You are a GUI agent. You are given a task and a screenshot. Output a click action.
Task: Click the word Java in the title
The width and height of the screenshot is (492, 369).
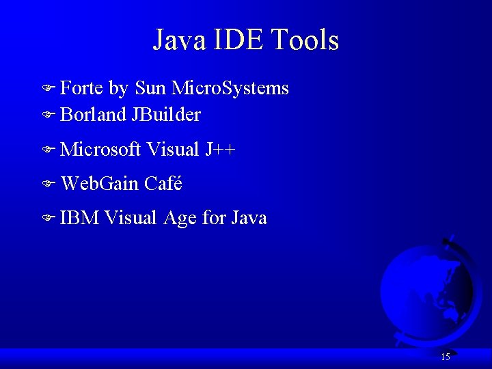click(x=179, y=40)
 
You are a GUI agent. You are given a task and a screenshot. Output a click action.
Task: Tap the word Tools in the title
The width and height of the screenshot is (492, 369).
click(x=305, y=40)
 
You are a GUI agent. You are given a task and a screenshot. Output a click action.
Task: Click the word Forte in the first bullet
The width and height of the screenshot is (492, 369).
click(x=82, y=88)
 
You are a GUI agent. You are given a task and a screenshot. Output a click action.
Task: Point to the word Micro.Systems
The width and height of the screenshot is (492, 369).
click(x=230, y=89)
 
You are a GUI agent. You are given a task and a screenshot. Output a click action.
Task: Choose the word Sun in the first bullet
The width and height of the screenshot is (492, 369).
click(x=150, y=88)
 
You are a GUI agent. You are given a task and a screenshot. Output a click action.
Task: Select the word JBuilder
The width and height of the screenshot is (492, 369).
click(x=166, y=115)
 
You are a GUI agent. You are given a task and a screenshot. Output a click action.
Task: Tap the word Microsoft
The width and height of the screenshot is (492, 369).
click(x=100, y=149)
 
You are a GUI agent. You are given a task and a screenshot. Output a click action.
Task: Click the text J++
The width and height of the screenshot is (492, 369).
click(x=219, y=149)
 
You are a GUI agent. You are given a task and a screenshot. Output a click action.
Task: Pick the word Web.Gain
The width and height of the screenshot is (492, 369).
click(x=100, y=184)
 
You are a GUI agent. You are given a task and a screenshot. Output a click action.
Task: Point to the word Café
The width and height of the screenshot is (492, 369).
click(x=163, y=183)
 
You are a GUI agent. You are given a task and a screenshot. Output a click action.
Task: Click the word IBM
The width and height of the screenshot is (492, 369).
click(x=80, y=218)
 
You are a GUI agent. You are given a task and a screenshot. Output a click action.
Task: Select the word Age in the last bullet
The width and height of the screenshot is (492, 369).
click(x=180, y=219)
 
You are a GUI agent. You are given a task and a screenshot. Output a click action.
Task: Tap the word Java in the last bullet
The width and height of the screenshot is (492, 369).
click(x=249, y=218)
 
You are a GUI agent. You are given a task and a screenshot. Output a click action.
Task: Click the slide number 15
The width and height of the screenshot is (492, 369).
click(x=445, y=357)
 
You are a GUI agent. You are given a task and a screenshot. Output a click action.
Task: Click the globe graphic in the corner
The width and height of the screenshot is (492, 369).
click(x=425, y=287)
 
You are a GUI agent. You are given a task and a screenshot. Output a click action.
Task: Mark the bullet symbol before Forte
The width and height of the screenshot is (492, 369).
click(x=47, y=89)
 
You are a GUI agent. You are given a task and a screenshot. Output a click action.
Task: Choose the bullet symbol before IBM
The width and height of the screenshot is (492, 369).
click(x=47, y=219)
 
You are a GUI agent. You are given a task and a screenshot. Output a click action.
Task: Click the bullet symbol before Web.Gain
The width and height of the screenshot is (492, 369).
click(x=47, y=184)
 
